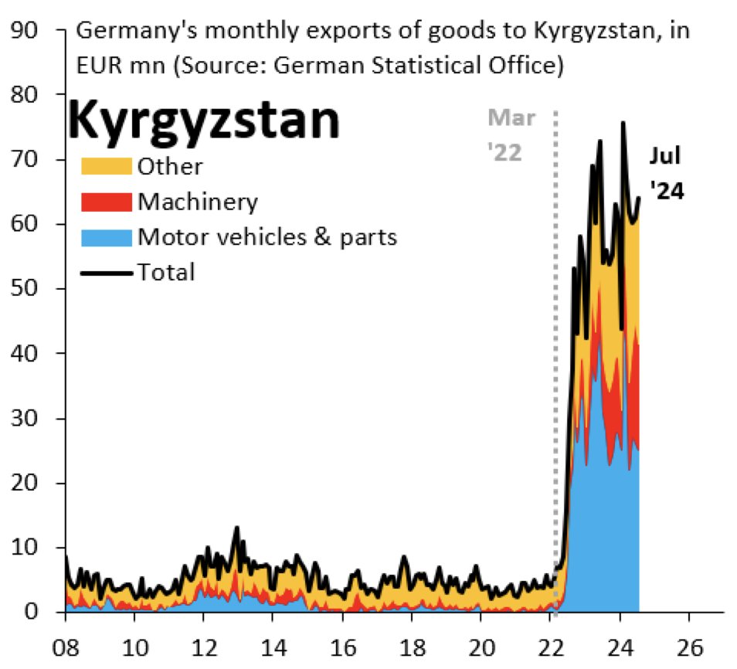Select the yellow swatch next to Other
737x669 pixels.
coord(107,166)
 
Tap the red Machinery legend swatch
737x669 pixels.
coord(107,202)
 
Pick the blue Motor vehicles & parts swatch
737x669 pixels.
coord(107,236)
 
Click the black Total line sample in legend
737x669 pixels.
coord(107,271)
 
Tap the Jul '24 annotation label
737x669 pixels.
coord(664,173)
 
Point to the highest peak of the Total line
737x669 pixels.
coord(623,123)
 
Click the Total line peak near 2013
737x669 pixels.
coord(237,528)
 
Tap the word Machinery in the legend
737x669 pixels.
coord(197,202)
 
